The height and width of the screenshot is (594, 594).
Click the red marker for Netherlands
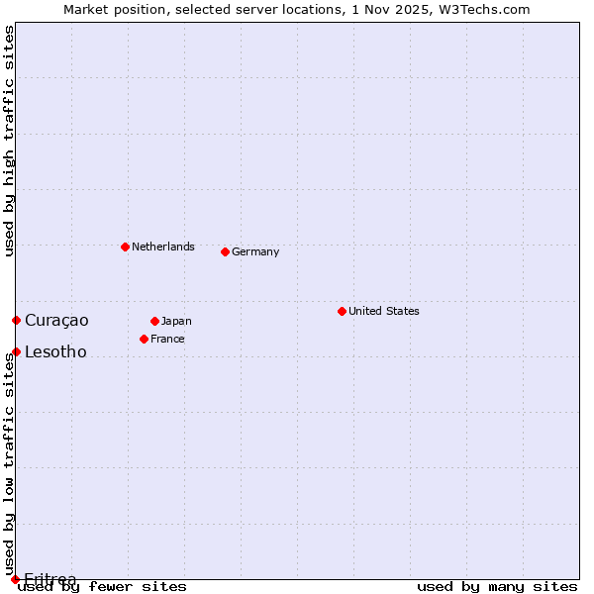pyautogui.click(x=125, y=247)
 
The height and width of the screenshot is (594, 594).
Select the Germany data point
pyautogui.click(x=225, y=251)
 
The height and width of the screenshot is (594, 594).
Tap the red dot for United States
pyautogui.click(x=342, y=311)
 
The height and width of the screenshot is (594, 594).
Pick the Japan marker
pyautogui.click(x=154, y=321)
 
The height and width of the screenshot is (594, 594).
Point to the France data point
pyautogui.click(x=144, y=339)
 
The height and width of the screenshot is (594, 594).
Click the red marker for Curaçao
pyautogui.click(x=16, y=320)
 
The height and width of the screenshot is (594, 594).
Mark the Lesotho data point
pyautogui.click(x=16, y=351)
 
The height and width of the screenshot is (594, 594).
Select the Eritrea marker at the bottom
pyautogui.click(x=15, y=579)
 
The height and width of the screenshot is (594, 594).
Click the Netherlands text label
pyautogui.click(x=162, y=247)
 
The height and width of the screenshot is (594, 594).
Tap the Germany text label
pyautogui.click(x=255, y=251)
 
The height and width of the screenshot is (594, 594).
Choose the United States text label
pyautogui.click(x=383, y=311)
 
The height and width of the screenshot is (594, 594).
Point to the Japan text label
pyautogui.click(x=176, y=321)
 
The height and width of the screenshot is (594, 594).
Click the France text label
pyautogui.click(x=167, y=339)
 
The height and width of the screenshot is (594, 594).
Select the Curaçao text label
pyautogui.click(x=56, y=320)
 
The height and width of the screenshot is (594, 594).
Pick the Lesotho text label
pyautogui.click(x=55, y=351)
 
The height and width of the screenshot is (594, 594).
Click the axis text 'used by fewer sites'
pyautogui.click(x=103, y=587)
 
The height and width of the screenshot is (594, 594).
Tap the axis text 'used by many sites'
pyautogui.click(x=497, y=587)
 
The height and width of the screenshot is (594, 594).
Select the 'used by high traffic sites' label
pyautogui.click(x=9, y=141)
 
